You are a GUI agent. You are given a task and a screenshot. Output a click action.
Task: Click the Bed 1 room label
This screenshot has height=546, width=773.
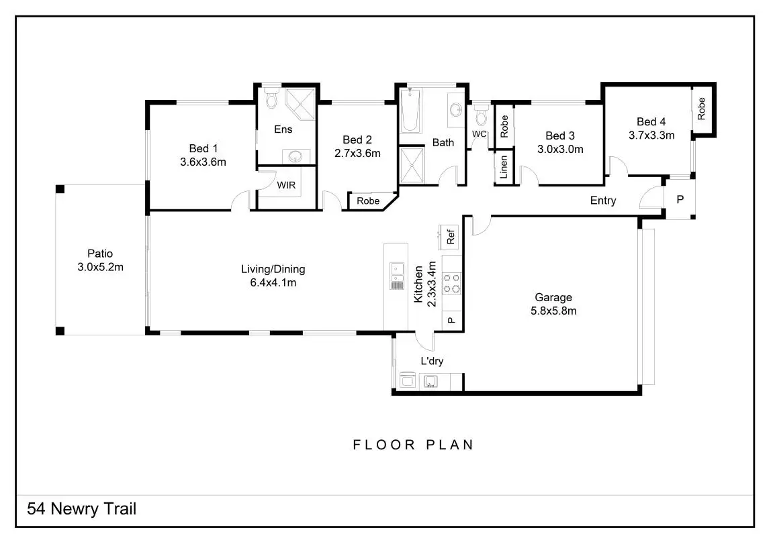click(203, 148)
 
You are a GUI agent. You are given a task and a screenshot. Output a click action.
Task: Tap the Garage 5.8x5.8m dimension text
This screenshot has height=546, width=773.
click(554, 311)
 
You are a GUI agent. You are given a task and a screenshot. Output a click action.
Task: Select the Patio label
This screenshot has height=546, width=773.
click(100, 254)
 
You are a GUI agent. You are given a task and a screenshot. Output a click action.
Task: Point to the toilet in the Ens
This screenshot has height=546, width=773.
click(271, 99)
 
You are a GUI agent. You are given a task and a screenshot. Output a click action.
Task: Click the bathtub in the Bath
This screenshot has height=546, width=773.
click(410, 111)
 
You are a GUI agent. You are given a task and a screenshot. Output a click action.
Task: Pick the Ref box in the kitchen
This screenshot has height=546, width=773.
click(450, 237)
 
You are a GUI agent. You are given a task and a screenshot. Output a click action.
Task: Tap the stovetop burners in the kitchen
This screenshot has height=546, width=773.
click(452, 282)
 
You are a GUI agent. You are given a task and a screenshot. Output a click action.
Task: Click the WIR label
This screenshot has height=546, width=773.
click(287, 184)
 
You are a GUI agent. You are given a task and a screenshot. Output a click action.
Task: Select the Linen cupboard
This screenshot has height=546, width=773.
click(504, 168)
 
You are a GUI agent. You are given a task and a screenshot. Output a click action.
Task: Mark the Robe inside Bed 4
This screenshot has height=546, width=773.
click(702, 109)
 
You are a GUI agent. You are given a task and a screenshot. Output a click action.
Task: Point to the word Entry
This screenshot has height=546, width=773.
click(603, 201)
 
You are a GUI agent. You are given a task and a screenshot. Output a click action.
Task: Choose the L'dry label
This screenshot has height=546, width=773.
click(432, 361)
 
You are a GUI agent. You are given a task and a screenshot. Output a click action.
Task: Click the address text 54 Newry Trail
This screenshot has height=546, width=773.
click(81, 508)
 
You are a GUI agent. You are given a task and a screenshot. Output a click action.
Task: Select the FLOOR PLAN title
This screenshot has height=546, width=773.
click(414, 445)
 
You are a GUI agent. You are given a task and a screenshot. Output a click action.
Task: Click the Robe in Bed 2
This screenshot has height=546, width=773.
click(368, 201)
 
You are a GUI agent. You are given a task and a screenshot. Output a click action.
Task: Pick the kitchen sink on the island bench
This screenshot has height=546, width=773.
click(397, 270)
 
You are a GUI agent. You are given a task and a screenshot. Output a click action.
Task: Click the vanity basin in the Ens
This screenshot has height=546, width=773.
click(295, 157)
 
